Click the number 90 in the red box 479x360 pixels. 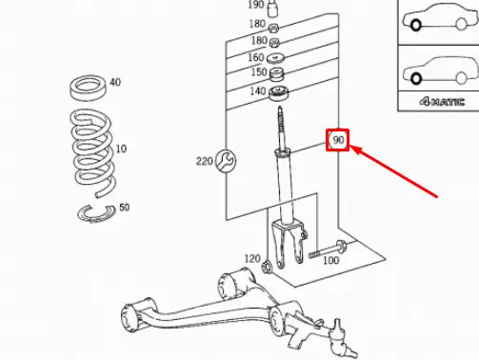pyautogui.click(x=338, y=142)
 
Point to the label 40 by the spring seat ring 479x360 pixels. pyautogui.click(x=115, y=83)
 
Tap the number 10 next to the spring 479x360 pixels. pyautogui.click(x=120, y=150)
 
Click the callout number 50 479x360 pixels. pyautogui.click(x=125, y=208)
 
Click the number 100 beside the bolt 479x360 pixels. pyautogui.click(x=330, y=259)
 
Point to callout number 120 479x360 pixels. pyautogui.click(x=251, y=258)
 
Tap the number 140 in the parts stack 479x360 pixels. pyautogui.click(x=258, y=91)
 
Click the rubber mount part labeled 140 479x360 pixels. pyautogui.click(x=278, y=92)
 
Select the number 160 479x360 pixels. pyautogui.click(x=256, y=57)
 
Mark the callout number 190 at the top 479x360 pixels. pyautogui.click(x=256, y=5)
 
